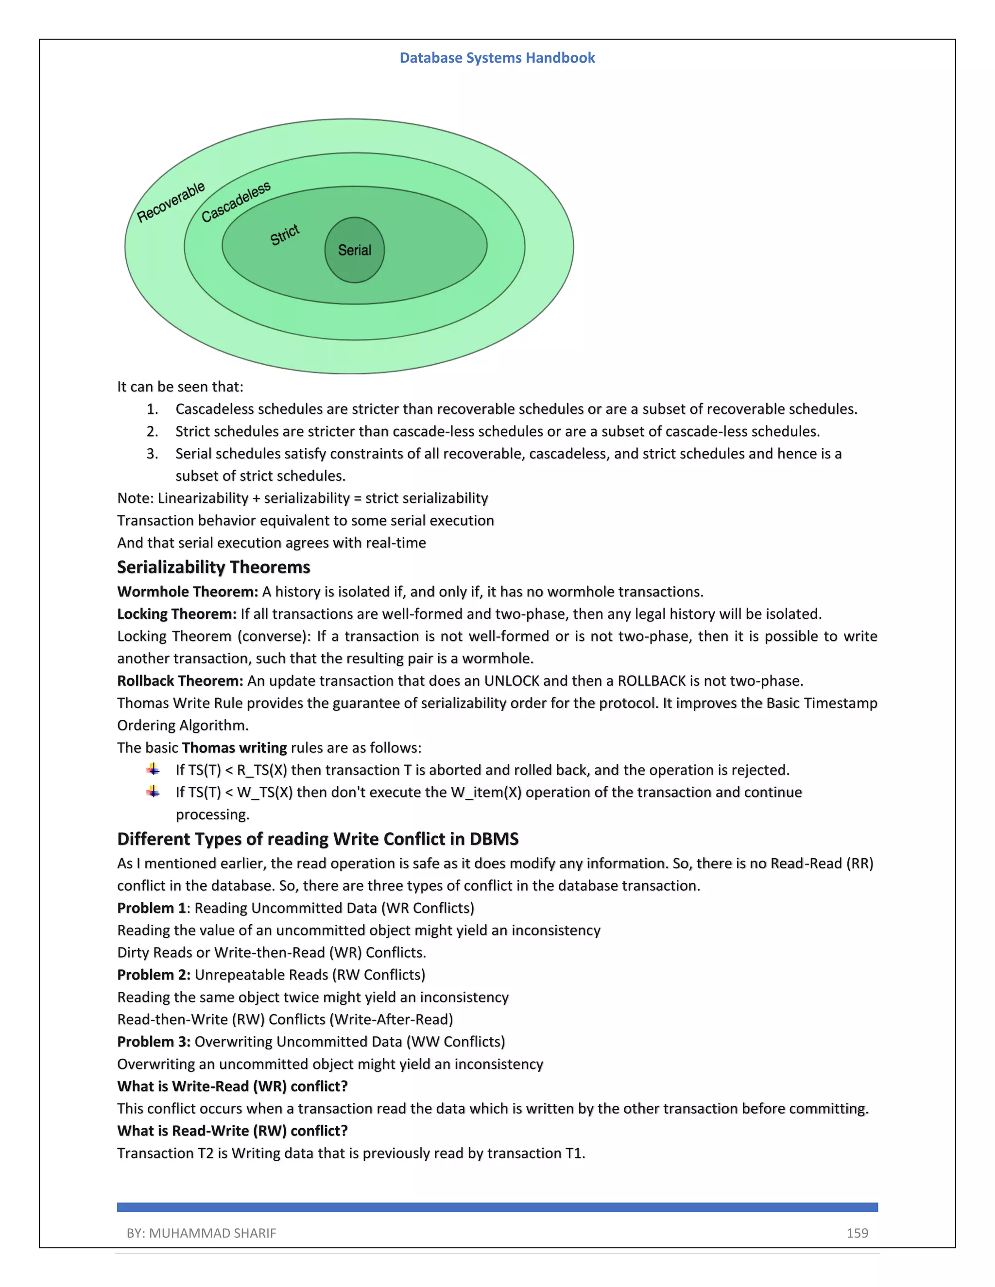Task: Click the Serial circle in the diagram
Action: point(354,250)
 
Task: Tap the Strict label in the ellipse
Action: point(285,235)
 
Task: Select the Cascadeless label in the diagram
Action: point(236,202)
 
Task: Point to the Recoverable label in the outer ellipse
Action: point(171,202)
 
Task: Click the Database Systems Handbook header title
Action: point(497,58)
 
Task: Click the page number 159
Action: point(857,1233)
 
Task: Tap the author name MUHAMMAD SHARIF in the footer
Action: point(212,1233)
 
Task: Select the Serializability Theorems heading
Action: point(213,567)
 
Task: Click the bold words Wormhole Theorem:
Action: point(188,592)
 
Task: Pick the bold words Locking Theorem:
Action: point(177,614)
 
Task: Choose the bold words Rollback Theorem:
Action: point(180,680)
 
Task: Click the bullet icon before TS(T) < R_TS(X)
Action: point(153,769)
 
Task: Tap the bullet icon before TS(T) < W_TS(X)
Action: point(153,792)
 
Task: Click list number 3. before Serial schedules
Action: point(152,454)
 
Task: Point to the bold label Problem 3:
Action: point(153,1042)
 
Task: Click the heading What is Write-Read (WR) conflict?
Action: point(232,1086)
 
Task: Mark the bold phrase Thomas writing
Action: point(234,748)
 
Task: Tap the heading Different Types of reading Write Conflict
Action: point(318,839)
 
